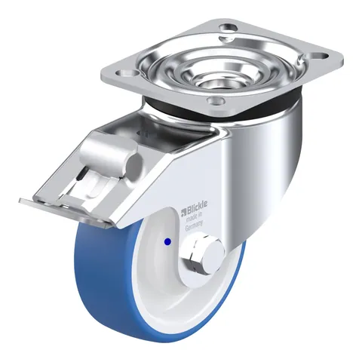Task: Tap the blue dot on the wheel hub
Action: (167, 241)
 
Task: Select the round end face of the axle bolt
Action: (213, 254)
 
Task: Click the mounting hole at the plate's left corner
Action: (127, 73)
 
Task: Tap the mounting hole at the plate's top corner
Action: (228, 27)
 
